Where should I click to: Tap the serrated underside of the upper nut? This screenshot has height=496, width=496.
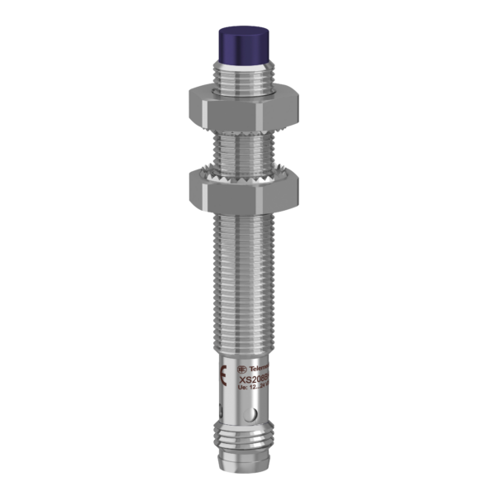[x=247, y=127]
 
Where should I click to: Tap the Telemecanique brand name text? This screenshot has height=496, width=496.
[x=263, y=365]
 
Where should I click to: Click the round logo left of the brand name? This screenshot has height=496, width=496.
[x=242, y=365]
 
